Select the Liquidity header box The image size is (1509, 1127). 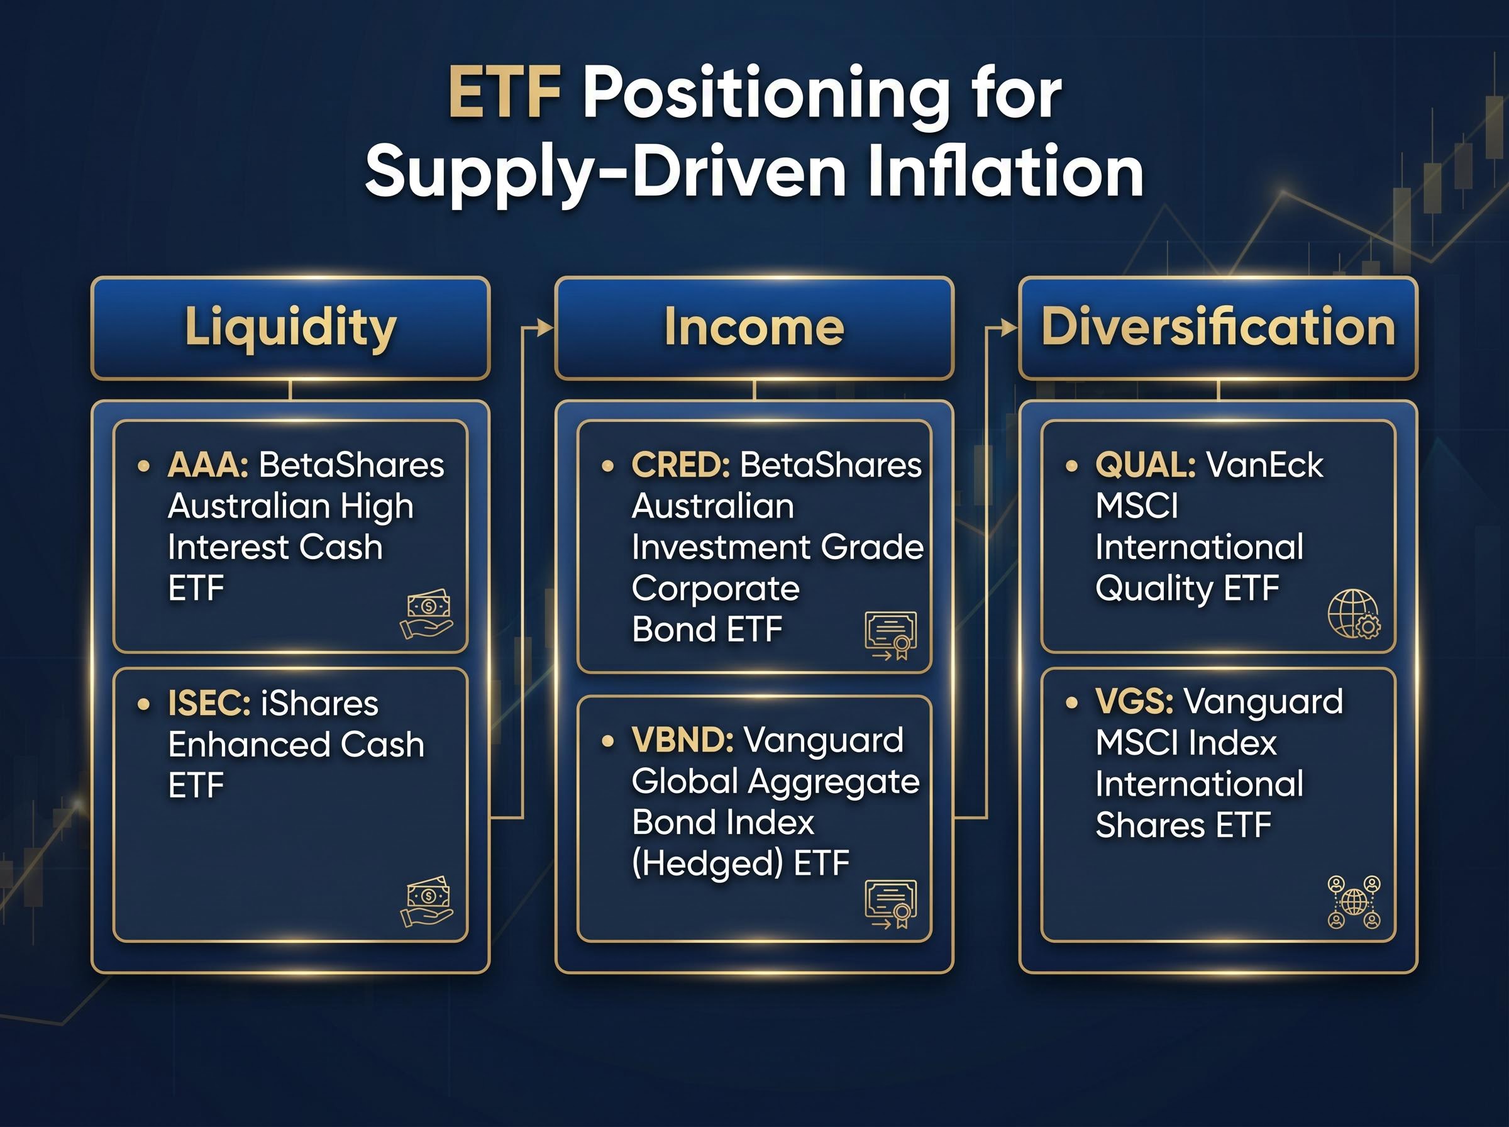pos(290,328)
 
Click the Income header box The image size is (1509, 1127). pos(754,328)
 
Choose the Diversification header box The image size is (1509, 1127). pos(1218,328)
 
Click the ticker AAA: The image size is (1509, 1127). pos(208,466)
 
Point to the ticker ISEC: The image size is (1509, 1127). pos(209,703)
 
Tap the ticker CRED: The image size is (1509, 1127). pos(680,466)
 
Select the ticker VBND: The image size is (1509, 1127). pos(683,740)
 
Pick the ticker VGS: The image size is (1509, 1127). pos(1134,702)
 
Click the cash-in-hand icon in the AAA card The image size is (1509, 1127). pos(427,614)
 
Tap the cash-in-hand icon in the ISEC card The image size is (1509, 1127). pos(427,901)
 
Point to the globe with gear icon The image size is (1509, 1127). pos(1354,614)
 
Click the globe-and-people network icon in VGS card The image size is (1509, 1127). pos(1354,902)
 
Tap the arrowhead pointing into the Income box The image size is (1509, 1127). pos(546,328)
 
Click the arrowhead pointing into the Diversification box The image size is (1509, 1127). pos(1009,328)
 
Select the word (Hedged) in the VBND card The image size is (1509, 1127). pos(707,863)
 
